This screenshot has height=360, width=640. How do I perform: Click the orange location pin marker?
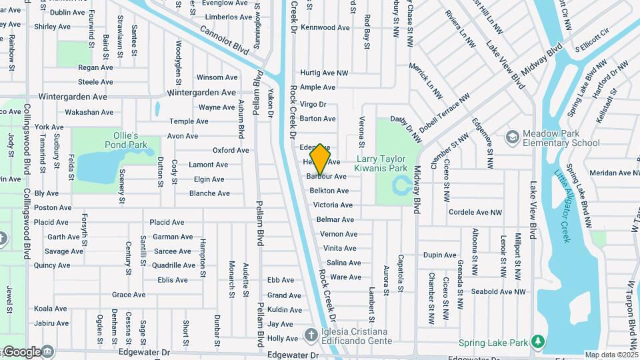click(x=320, y=159)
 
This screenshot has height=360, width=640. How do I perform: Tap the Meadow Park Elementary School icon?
click(x=512, y=137)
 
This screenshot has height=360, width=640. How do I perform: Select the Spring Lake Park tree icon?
click(x=538, y=343)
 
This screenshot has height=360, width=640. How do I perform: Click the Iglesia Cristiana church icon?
click(x=311, y=335)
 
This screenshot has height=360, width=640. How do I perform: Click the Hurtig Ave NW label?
click(x=324, y=73)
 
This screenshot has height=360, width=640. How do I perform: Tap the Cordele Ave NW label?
click(x=475, y=213)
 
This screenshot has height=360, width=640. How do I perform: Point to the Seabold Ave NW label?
click(x=499, y=291)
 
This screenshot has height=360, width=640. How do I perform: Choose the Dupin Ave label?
click(x=440, y=255)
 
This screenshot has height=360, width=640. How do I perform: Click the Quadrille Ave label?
click(x=173, y=265)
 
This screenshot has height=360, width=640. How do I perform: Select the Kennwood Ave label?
click(x=325, y=27)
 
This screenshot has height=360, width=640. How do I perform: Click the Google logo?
click(x=21, y=351)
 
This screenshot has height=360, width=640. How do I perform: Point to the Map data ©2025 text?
click(x=611, y=355)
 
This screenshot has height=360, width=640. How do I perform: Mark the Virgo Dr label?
click(x=313, y=104)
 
